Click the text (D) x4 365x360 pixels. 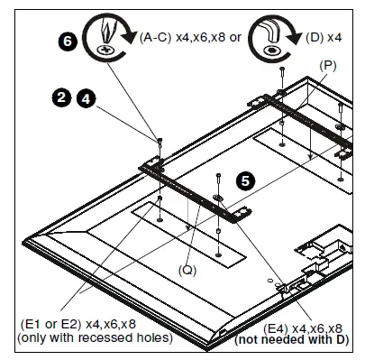tap(322, 38)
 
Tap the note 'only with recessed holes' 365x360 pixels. tap(82, 337)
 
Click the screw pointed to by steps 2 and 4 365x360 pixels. tap(159, 140)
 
